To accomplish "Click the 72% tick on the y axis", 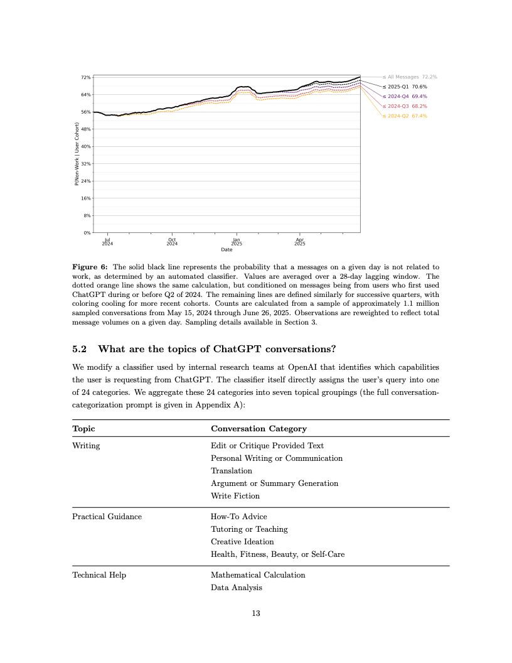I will click(x=86, y=77).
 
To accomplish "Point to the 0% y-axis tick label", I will click(x=87, y=233).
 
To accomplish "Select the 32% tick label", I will click(x=86, y=164).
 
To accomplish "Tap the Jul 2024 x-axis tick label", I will click(x=107, y=241).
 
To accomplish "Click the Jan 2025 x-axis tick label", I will click(x=237, y=241).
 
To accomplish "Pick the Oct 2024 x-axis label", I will click(x=172, y=241).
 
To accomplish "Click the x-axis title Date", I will click(x=227, y=249).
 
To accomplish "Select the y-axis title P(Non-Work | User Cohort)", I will click(x=77, y=154).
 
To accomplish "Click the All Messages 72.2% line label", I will click(x=410, y=77).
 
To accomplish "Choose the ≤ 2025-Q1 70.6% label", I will click(x=405, y=87).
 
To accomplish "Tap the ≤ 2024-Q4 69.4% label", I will click(x=405, y=97).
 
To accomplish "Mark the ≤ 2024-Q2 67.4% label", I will click(x=405, y=116).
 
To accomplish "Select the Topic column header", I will click(x=84, y=429).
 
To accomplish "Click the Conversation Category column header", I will click(x=259, y=429).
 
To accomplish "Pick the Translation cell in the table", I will click(x=232, y=471).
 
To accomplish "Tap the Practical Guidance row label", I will click(x=107, y=517).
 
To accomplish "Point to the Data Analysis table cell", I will click(x=237, y=588).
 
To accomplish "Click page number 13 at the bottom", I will click(x=256, y=613).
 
